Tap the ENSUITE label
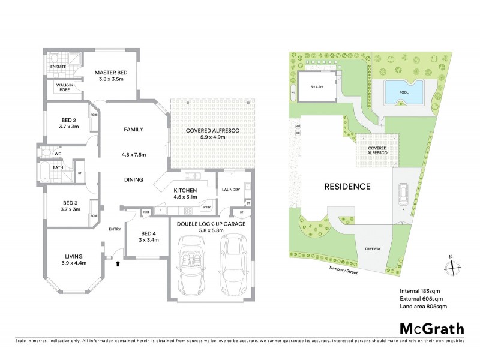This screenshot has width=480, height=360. click(58, 67)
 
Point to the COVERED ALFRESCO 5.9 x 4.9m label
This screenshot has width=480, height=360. click(197, 133)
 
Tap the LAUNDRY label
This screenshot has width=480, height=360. click(231, 190)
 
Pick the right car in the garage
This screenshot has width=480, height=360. click(235, 260)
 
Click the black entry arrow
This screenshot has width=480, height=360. click(118, 262)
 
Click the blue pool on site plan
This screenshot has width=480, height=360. click(403, 93)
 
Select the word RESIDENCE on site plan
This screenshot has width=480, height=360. click(347, 186)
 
